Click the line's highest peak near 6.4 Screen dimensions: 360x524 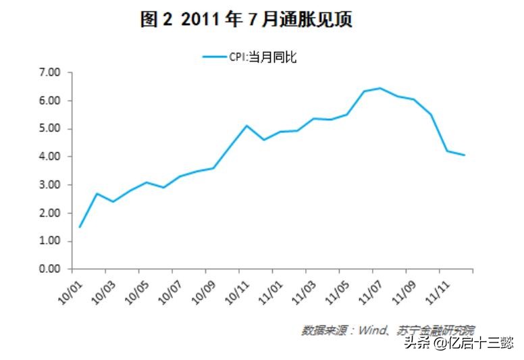coord(380,88)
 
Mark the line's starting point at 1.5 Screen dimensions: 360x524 coord(80,227)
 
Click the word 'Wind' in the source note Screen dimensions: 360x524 coord(370,330)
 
